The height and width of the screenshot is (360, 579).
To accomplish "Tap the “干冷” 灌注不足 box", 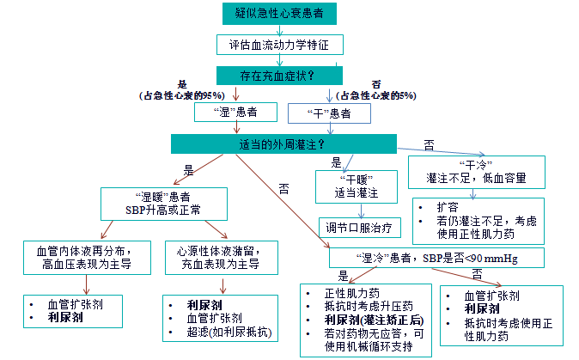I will click(475, 172).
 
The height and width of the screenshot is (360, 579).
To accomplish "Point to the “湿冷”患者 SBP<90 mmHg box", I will click(424, 258).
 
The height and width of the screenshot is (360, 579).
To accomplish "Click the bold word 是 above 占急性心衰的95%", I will click(181, 83).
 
